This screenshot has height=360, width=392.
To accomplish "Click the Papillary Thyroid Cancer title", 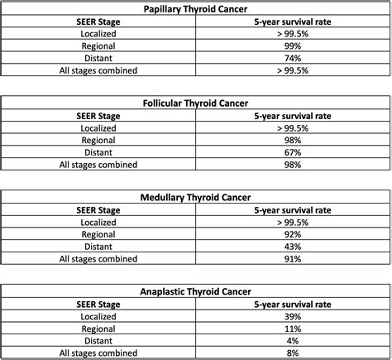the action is click(196, 8).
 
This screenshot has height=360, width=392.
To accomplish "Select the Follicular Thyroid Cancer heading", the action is click(196, 105).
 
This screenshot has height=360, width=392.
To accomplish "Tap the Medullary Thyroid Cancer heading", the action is click(196, 199).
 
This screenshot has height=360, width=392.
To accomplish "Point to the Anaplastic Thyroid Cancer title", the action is click(196, 292).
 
